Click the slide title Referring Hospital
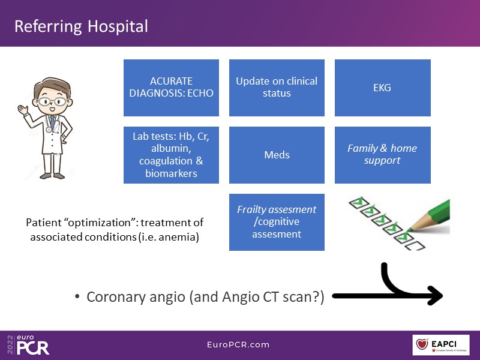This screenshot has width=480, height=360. point(81,26)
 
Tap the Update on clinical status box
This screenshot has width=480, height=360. point(277,88)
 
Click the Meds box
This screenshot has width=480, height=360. point(277,155)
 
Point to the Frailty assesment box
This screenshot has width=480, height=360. point(277,222)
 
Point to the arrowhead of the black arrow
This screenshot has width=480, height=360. point(436,295)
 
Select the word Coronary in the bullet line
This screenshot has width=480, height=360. point(115,296)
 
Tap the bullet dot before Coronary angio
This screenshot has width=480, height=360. point(78,297)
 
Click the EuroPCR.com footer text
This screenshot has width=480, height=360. point(239,344)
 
